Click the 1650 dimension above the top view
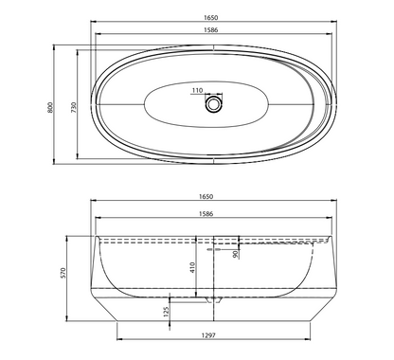210,18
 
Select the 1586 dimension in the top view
210,30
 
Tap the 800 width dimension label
50,108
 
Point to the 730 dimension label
73,107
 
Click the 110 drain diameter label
197,90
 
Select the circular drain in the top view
214,104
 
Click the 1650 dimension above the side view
206,196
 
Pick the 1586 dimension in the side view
206,214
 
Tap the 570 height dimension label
63,273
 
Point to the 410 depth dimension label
192,267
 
